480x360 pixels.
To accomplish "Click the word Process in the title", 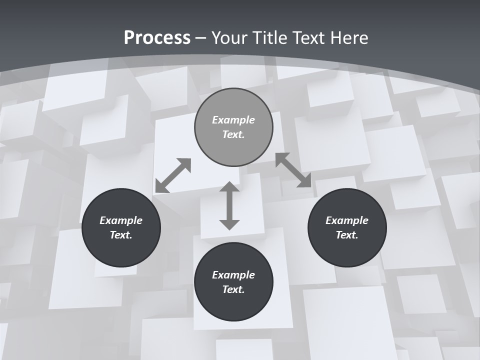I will coord(157,38).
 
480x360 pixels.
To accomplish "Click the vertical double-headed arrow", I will coord(229,205).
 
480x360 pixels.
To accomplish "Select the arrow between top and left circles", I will coord(173,175).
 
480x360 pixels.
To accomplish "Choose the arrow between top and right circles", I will coord(293,170).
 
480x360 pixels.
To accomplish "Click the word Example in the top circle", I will coord(233,120).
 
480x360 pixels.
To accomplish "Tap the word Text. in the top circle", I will coord(233,134).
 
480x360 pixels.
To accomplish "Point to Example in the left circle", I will coord(121,220).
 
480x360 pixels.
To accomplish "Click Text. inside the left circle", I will coord(121,235).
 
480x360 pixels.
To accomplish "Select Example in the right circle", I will coord(347,220).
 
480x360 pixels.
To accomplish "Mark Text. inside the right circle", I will coord(347,235).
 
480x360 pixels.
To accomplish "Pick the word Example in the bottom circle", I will coord(233,275).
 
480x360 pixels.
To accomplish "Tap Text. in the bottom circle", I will coord(233,289).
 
